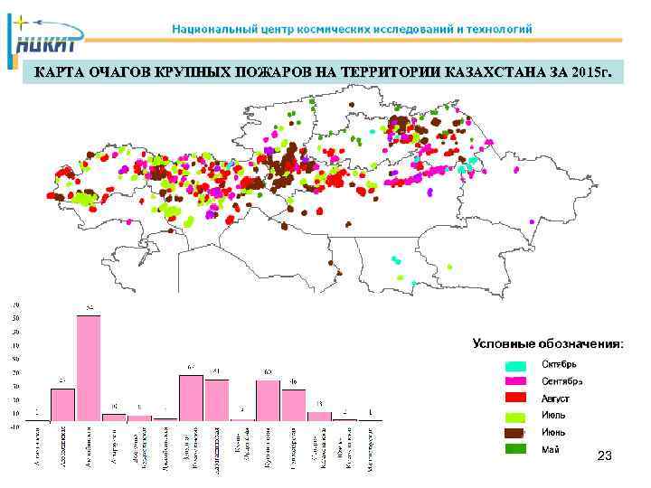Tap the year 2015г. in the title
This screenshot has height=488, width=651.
591,72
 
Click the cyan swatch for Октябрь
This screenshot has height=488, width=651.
515,364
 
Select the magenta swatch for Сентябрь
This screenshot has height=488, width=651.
515,380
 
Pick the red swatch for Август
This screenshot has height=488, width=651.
515,398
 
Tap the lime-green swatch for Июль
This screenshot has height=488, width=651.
515,415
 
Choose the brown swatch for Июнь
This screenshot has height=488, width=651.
515,432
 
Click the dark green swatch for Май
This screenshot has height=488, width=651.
515,448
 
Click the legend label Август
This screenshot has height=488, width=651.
555,398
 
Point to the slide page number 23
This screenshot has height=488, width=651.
605,458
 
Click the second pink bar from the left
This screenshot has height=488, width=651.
62,403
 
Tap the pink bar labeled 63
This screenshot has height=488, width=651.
268,399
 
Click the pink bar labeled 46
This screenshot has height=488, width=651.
294,404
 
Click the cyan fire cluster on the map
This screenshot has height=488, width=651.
463,169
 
